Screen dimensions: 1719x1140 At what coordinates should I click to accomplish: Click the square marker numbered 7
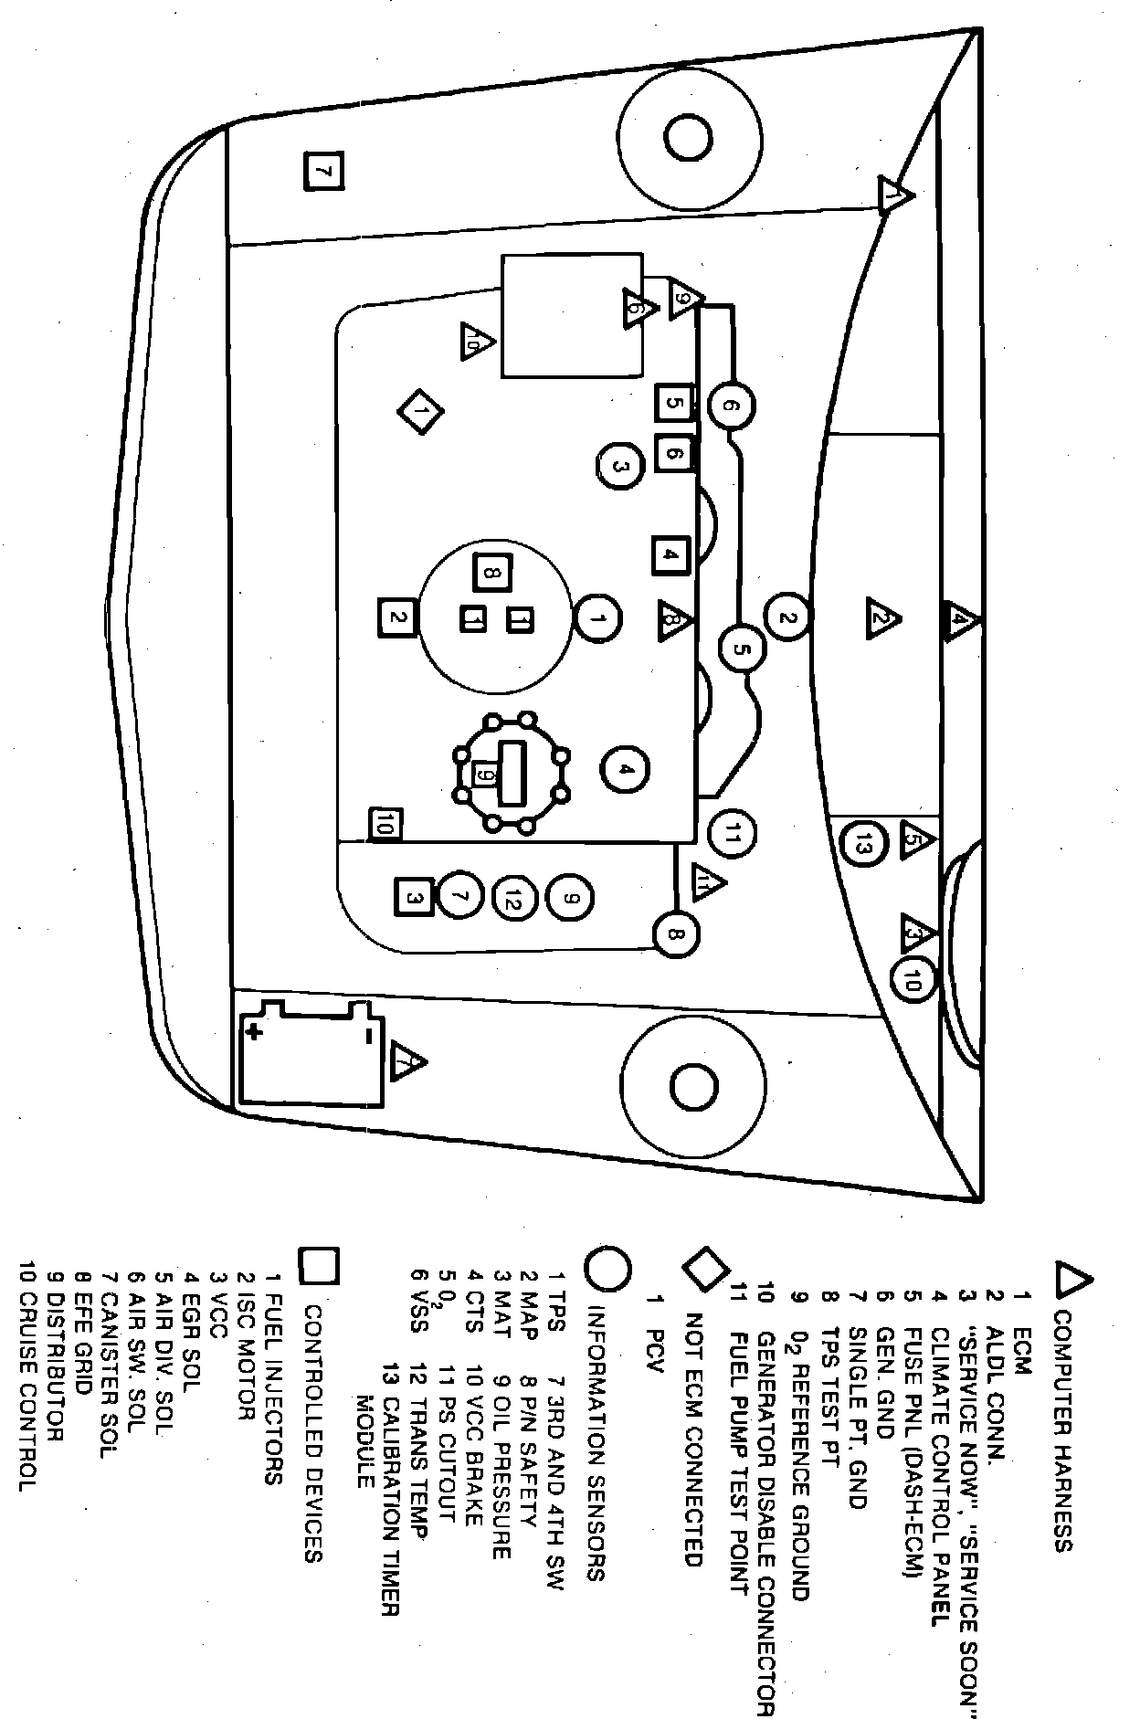tap(324, 171)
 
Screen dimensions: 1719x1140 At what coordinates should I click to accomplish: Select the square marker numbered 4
tap(670, 554)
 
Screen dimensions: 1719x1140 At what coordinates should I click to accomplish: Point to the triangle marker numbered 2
tap(882, 618)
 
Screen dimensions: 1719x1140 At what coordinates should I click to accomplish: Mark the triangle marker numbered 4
tap(960, 623)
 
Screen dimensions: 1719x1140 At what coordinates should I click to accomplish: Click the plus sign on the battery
tap(253, 1032)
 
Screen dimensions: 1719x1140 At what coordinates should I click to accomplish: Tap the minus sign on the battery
tap(366, 1034)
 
